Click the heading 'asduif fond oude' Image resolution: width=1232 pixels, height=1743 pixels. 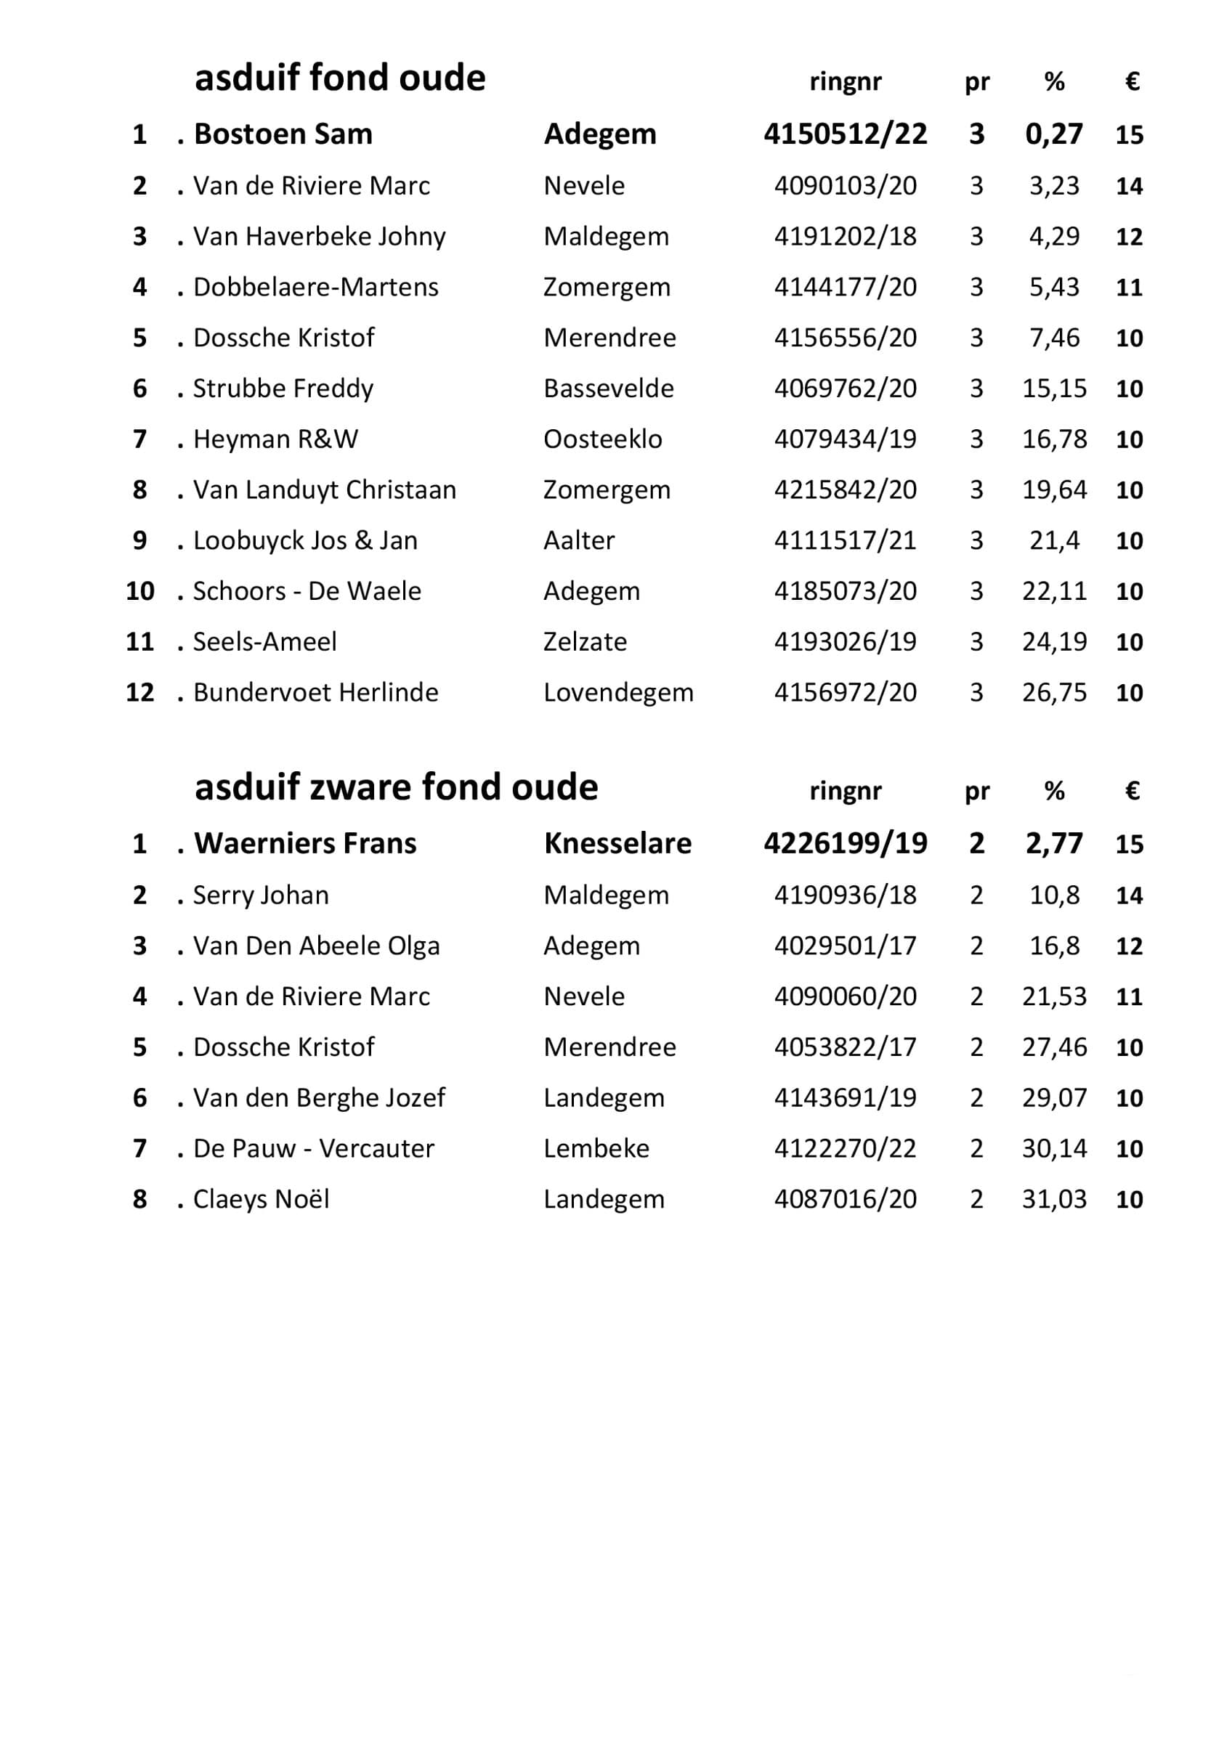(339, 78)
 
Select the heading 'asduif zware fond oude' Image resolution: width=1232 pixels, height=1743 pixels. (395, 787)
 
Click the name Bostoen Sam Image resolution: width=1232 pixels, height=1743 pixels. (283, 134)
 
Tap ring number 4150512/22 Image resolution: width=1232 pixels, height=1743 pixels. (845, 134)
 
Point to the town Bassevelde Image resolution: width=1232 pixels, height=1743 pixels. (608, 389)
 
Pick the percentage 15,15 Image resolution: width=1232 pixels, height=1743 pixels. (1053, 389)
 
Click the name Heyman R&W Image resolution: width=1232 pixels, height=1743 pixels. (275, 439)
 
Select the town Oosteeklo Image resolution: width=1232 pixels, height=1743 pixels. (602, 439)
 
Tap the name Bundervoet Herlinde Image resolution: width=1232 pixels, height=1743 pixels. (315, 692)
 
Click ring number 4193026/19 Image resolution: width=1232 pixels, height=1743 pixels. (845, 641)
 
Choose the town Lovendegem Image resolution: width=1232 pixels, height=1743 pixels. (618, 692)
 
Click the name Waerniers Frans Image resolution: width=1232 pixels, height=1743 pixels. (304, 843)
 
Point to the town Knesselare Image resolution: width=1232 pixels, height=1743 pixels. (617, 843)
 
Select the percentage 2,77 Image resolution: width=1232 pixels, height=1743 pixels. (1053, 843)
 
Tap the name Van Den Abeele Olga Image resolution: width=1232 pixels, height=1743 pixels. (316, 946)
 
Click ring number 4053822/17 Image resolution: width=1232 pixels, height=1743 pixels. (845, 1047)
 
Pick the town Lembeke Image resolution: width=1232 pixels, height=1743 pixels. (596, 1149)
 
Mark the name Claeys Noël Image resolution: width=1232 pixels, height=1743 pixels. (260, 1200)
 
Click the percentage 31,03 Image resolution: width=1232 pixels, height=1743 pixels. (1053, 1200)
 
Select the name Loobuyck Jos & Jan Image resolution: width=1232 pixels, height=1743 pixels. (304, 540)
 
